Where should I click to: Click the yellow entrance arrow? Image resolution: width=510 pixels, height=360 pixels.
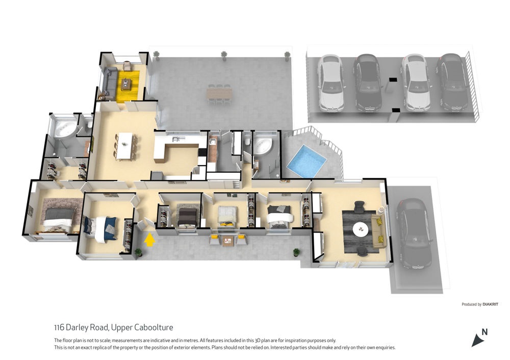149,240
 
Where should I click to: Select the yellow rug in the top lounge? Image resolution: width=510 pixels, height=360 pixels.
128,85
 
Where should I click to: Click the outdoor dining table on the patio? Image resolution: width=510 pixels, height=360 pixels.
219,94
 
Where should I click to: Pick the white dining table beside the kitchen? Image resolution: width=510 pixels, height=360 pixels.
125,146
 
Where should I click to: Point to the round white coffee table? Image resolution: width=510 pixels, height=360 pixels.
361,229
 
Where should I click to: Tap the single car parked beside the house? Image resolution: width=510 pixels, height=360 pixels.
414,234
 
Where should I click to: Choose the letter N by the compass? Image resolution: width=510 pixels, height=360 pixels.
484,332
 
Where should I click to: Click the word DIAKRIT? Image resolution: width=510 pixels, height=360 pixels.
490,304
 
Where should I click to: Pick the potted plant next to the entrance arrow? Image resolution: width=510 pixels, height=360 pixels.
139,252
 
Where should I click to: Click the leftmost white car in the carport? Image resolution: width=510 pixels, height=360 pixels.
330,83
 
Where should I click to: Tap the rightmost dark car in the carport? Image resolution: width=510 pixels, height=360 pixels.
452,82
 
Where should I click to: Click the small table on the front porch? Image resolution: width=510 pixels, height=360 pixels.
227,241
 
